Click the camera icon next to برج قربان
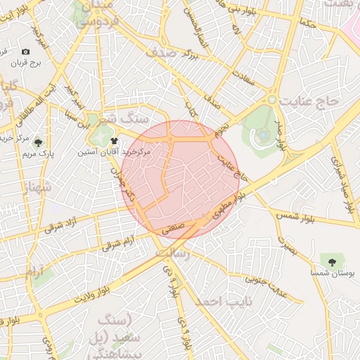pos(26,52)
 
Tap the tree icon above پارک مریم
pos(37,142)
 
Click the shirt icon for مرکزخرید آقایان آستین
pos(115,141)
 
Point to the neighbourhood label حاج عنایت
pos(309,102)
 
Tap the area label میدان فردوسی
pos(94,14)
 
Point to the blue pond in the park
pos(262,133)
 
